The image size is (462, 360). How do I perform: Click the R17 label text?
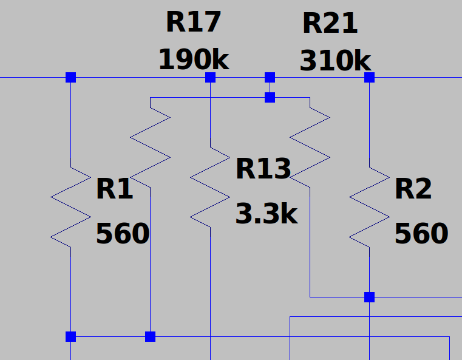pos(193,22)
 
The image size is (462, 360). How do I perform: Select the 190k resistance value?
pos(194,60)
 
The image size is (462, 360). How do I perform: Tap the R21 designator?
pos(330,24)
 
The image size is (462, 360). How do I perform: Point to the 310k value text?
pos(335,61)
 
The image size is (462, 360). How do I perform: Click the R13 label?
pos(263,169)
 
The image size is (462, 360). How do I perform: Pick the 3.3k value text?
pos(267,214)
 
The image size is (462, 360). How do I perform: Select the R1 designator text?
pos(115,189)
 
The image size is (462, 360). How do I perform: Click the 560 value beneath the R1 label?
pos(123,233)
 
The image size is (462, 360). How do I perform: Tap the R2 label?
pos(413,189)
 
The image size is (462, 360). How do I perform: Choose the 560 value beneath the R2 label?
pos(421,233)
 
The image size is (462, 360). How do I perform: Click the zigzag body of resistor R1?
pos(70,207)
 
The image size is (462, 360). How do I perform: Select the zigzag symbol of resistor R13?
pos(210,187)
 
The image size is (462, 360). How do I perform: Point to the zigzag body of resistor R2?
pos(369,207)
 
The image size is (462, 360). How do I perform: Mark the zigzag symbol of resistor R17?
pos(151,148)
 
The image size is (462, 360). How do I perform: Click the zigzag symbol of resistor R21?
pos(310,148)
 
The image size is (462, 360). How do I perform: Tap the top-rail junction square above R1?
pos(70,78)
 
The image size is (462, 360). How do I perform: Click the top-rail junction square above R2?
pos(369,78)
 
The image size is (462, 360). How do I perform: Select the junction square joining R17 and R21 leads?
pos(270,97)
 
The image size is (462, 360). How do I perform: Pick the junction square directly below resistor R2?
pos(369,297)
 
